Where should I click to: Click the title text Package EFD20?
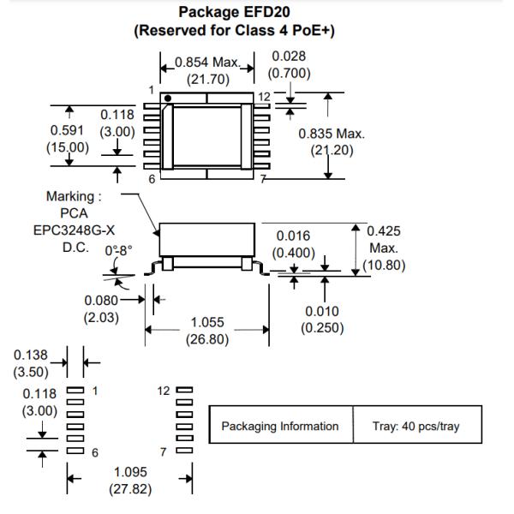tap(256, 13)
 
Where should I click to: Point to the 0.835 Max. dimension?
tap(332, 134)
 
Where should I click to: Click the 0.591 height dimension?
tap(66, 131)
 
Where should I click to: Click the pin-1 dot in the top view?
tap(169, 99)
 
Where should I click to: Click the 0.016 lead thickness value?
tap(294, 236)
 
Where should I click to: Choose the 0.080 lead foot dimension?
tap(100, 301)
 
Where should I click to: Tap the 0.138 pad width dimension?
tap(31, 355)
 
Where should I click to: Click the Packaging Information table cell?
tap(280, 426)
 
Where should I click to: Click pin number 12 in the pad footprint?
tap(164, 391)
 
